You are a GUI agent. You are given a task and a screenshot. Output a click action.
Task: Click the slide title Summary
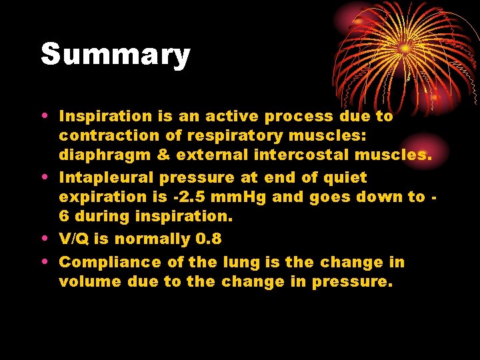pyautogui.click(x=115, y=55)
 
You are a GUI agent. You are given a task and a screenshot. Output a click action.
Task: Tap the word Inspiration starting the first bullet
pyautogui.click(x=107, y=116)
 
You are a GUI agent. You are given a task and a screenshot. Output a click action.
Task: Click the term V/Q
pyautogui.click(x=75, y=239)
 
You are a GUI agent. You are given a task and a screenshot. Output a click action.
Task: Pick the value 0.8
pyautogui.click(x=208, y=239)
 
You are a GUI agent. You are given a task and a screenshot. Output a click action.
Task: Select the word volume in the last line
pyautogui.click(x=85, y=282)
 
